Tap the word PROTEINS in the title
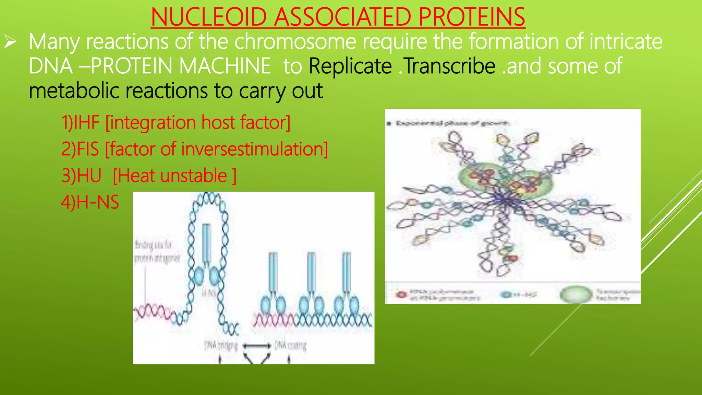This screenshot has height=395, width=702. (x=472, y=17)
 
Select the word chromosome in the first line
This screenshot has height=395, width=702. (x=295, y=41)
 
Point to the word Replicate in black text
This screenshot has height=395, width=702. (x=350, y=66)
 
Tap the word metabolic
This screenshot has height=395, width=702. (x=73, y=91)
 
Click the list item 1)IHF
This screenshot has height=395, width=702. (x=80, y=122)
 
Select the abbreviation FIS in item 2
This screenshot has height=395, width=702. (x=88, y=149)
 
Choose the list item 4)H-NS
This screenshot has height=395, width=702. (x=90, y=202)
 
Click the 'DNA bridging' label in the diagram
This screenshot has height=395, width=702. (x=221, y=345)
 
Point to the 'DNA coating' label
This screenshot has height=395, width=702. (x=290, y=345)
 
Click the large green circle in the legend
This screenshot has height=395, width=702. (x=576, y=294)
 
